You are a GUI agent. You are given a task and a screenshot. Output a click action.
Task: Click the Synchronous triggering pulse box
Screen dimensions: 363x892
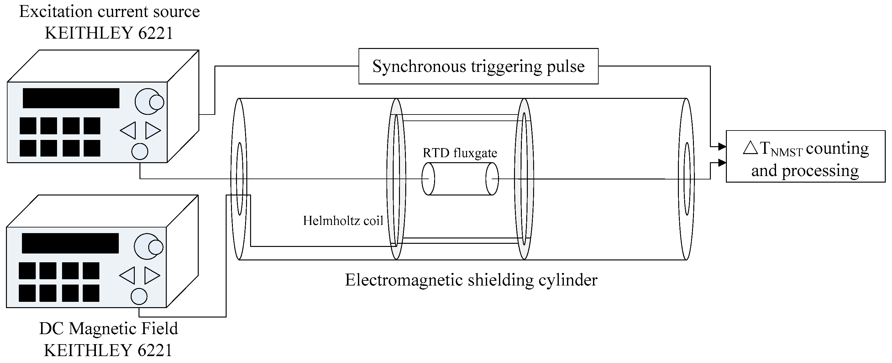[x=478, y=66]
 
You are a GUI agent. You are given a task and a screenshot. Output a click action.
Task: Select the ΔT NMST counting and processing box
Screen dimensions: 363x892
[x=805, y=156]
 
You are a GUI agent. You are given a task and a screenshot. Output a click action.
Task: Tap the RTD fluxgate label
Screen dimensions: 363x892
[x=460, y=153]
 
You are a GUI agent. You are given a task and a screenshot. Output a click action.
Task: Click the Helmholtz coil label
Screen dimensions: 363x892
[x=343, y=221]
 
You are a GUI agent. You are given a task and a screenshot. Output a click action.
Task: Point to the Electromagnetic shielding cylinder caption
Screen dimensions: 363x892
[x=471, y=280]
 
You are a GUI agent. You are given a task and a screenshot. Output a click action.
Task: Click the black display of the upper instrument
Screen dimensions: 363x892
[x=71, y=98]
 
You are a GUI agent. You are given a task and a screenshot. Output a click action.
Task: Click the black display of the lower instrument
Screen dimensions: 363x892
[x=70, y=243]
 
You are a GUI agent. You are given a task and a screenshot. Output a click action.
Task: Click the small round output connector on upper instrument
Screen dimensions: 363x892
[x=140, y=152]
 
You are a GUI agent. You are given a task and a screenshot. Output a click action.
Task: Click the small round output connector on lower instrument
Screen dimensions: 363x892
[x=139, y=296]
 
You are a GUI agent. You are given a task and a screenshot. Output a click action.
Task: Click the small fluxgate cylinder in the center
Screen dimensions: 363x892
[x=460, y=179]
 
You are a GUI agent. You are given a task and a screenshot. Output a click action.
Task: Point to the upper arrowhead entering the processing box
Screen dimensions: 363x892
[x=722, y=147]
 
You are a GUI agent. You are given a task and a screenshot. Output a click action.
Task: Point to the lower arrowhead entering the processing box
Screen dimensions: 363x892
[x=722, y=163]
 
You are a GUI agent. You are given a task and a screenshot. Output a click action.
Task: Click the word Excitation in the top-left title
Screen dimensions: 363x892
[x=55, y=11]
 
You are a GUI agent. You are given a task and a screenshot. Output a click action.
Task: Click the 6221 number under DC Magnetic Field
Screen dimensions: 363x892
[x=155, y=350]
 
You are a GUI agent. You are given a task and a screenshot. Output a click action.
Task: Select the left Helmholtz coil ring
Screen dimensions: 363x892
[x=396, y=179]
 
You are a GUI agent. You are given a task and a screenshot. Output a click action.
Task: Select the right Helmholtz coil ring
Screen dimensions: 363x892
[x=524, y=179]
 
